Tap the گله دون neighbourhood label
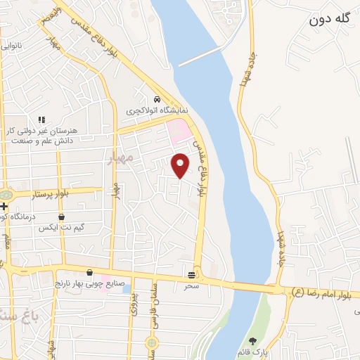pos(329,20)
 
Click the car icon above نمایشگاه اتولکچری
pos(157,99)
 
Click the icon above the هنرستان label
pos(41,120)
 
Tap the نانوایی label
pos(14,46)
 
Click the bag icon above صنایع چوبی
pos(89,272)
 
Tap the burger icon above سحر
pos(192,274)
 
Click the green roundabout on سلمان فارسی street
pos(150,342)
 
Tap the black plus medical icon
pos(4,207)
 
